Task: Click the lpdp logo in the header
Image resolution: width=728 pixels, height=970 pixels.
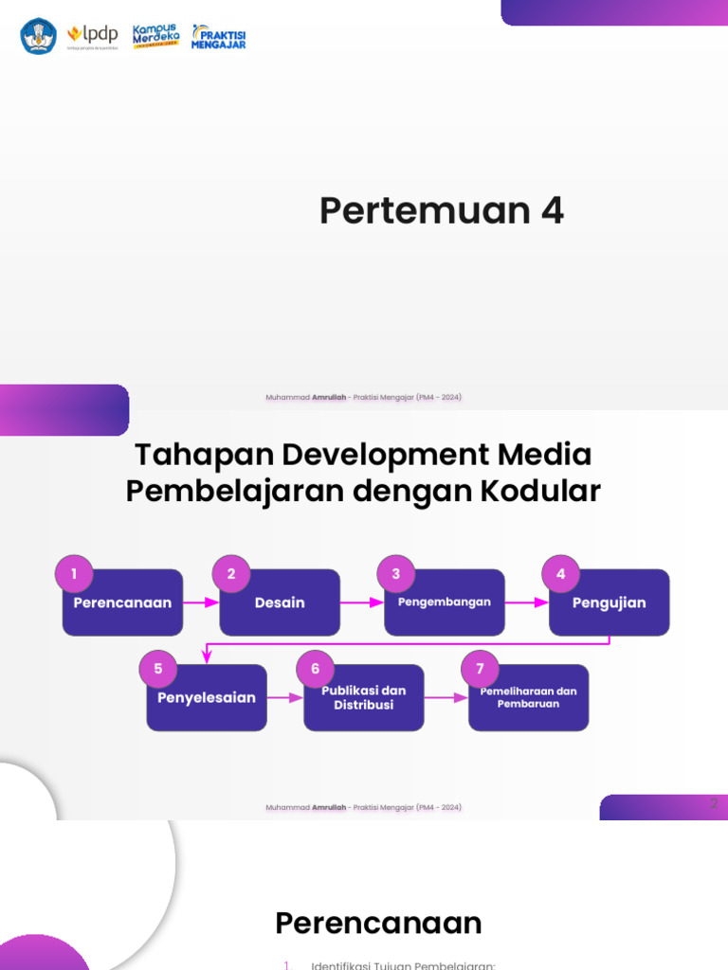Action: [93, 36]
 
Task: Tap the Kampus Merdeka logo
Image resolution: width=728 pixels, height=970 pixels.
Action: [156, 36]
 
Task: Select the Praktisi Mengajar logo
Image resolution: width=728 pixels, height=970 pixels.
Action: [219, 36]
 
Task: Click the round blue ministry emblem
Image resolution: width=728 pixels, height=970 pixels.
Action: [39, 36]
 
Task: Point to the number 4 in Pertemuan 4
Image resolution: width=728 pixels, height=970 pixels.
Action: [552, 211]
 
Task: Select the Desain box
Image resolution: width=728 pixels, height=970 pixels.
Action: [280, 602]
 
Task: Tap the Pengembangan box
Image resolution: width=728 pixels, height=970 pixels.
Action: [445, 602]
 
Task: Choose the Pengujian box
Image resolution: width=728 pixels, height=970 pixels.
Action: [610, 602]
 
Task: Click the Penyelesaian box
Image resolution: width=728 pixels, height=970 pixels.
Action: [207, 698]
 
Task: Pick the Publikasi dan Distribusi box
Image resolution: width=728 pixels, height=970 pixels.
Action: [364, 698]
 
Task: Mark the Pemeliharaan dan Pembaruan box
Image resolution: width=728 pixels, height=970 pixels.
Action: [529, 698]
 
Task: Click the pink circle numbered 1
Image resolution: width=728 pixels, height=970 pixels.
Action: [74, 573]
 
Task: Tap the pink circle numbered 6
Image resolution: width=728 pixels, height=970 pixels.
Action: [316, 669]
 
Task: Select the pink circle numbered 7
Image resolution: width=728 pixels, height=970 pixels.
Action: [481, 669]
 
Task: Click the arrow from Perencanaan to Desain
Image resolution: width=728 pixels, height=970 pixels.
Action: [201, 602]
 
